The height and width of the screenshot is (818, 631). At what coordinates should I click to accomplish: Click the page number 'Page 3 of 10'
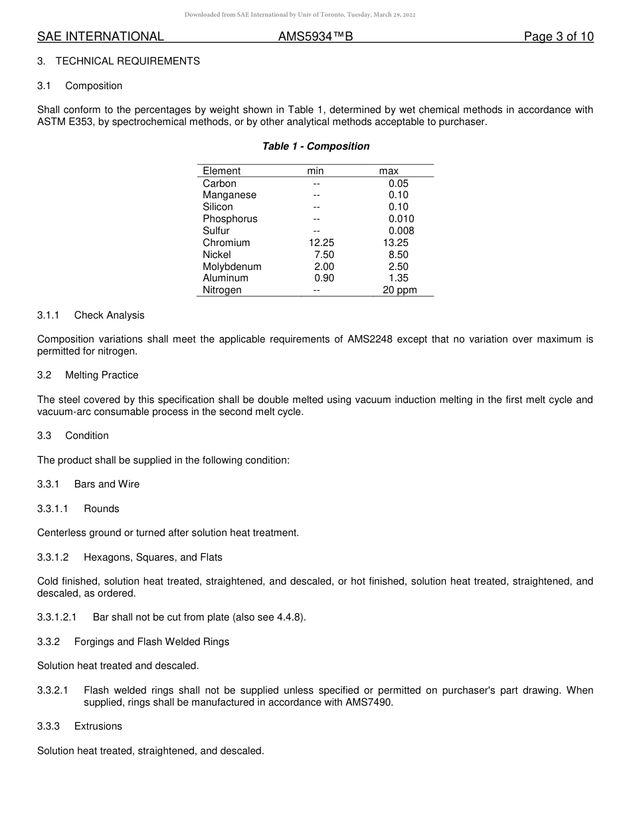coord(558,37)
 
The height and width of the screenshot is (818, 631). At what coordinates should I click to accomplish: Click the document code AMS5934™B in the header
coord(315,37)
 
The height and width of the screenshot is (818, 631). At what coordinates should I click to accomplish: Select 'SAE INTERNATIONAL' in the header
coord(100,37)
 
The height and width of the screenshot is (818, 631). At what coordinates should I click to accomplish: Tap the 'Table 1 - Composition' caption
coord(315,146)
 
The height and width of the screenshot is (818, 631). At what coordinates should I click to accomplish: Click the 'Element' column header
coord(222,171)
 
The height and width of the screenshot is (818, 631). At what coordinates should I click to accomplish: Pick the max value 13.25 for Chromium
coord(391,243)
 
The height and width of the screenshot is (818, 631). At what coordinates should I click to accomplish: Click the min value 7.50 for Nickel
coord(324,255)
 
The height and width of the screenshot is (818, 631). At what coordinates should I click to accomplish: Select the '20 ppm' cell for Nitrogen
coord(399,290)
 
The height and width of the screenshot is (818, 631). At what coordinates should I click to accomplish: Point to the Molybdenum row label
coord(232,267)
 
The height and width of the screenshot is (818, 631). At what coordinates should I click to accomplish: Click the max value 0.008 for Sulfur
coord(401,231)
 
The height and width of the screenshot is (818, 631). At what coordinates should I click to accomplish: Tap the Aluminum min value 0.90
coord(324,278)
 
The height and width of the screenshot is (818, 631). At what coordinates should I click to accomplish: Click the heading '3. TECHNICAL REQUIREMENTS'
coord(118,61)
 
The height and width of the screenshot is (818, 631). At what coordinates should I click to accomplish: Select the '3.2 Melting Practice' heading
coord(88,375)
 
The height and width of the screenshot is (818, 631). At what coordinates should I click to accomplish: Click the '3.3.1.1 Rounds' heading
coord(78,509)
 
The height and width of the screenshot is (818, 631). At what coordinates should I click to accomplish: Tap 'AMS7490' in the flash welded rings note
coord(369,702)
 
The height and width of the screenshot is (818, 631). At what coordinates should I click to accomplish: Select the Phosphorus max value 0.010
coord(401,219)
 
